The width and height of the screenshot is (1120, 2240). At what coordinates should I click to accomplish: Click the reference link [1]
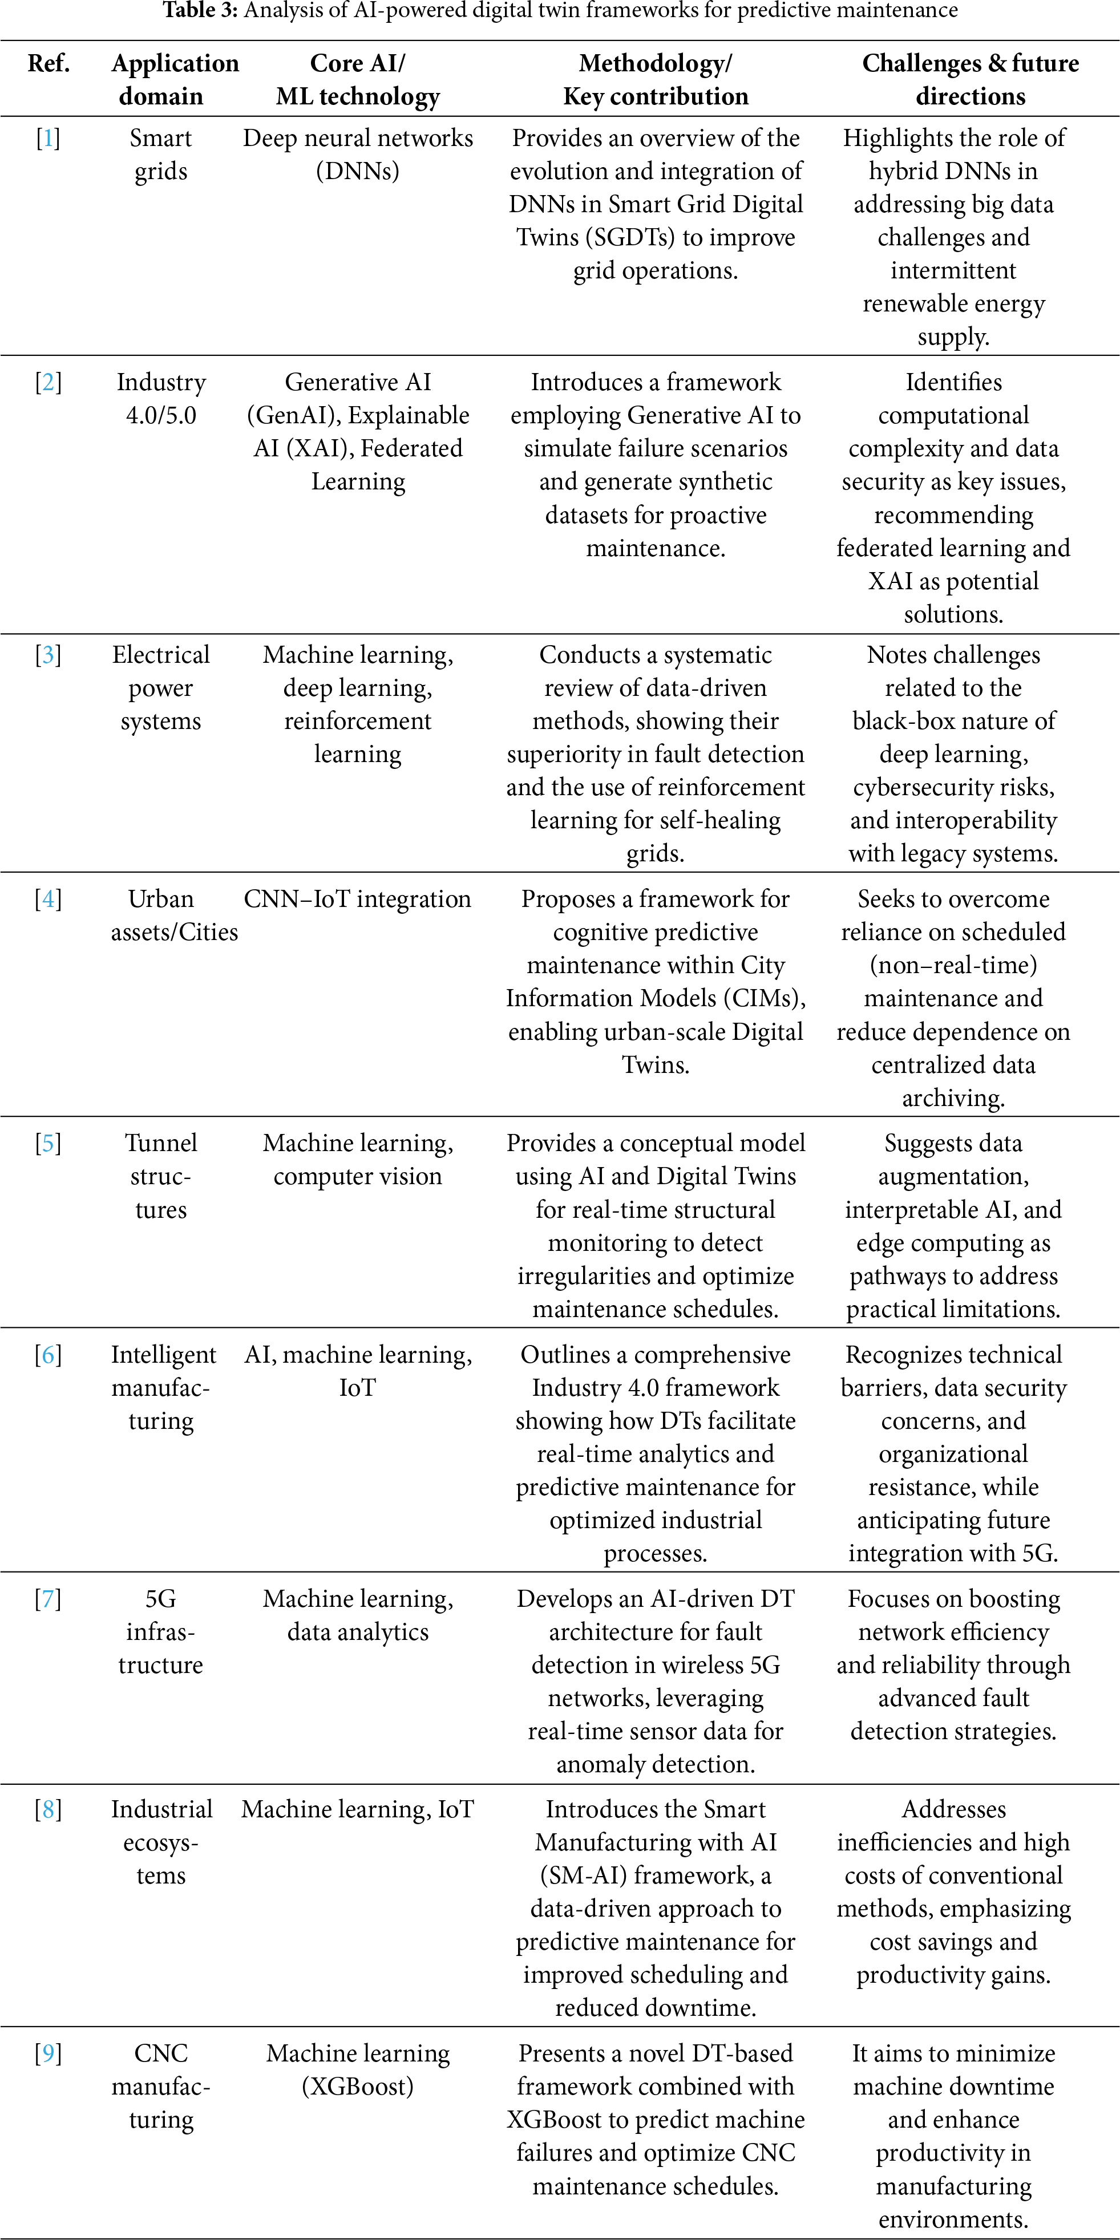48,138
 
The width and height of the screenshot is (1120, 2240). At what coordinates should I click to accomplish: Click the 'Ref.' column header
48,63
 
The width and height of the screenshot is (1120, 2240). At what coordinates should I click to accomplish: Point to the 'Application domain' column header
174,79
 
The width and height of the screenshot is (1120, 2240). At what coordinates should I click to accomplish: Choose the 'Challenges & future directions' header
971,79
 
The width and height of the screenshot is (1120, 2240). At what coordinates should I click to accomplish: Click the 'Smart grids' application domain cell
161,155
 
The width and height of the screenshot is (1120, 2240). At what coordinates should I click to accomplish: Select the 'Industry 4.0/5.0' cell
161,398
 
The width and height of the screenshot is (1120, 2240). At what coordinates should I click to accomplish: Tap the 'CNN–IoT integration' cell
357,899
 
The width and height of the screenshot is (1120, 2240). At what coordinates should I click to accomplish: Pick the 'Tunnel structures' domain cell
161,1176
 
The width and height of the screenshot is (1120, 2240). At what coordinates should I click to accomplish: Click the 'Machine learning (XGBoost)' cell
357,2069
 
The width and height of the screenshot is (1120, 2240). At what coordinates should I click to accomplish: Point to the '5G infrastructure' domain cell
161,1631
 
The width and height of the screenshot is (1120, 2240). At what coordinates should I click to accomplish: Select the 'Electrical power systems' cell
161,688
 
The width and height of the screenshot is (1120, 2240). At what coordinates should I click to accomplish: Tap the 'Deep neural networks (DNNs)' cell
357,155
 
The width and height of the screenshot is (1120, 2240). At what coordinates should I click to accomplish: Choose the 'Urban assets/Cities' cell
174,915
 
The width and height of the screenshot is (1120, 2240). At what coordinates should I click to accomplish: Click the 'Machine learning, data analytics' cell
357,1615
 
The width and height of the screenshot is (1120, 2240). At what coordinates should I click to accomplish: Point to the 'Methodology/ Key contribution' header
656,79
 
